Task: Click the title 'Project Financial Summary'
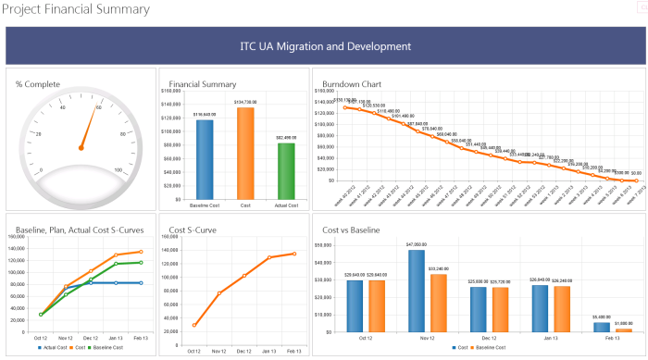click(x=75, y=10)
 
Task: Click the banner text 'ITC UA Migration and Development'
click(x=325, y=46)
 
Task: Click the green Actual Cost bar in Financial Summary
click(x=286, y=170)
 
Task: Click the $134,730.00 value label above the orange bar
click(x=245, y=102)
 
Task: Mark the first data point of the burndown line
click(x=344, y=108)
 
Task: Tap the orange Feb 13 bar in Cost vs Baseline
click(x=624, y=329)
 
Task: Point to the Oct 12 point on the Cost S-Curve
click(x=194, y=325)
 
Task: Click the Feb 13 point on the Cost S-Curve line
click(x=293, y=254)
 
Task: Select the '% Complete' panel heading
click(x=38, y=84)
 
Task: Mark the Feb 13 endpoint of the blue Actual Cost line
click(x=141, y=283)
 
